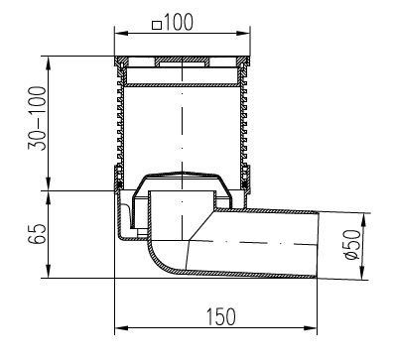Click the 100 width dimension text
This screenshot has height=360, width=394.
coord(178,23)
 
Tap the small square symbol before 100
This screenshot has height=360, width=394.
coord(157,25)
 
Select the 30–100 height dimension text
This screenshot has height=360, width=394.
coord(37,118)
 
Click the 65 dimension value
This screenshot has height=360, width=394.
coord(37,234)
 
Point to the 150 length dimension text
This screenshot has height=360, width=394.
coord(221,316)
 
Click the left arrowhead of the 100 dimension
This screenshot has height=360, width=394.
coord(121,33)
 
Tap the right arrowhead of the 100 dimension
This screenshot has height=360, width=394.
coord(243,33)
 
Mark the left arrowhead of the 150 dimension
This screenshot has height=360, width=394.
coord(121,328)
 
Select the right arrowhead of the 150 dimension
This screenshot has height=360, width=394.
coord(311,328)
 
